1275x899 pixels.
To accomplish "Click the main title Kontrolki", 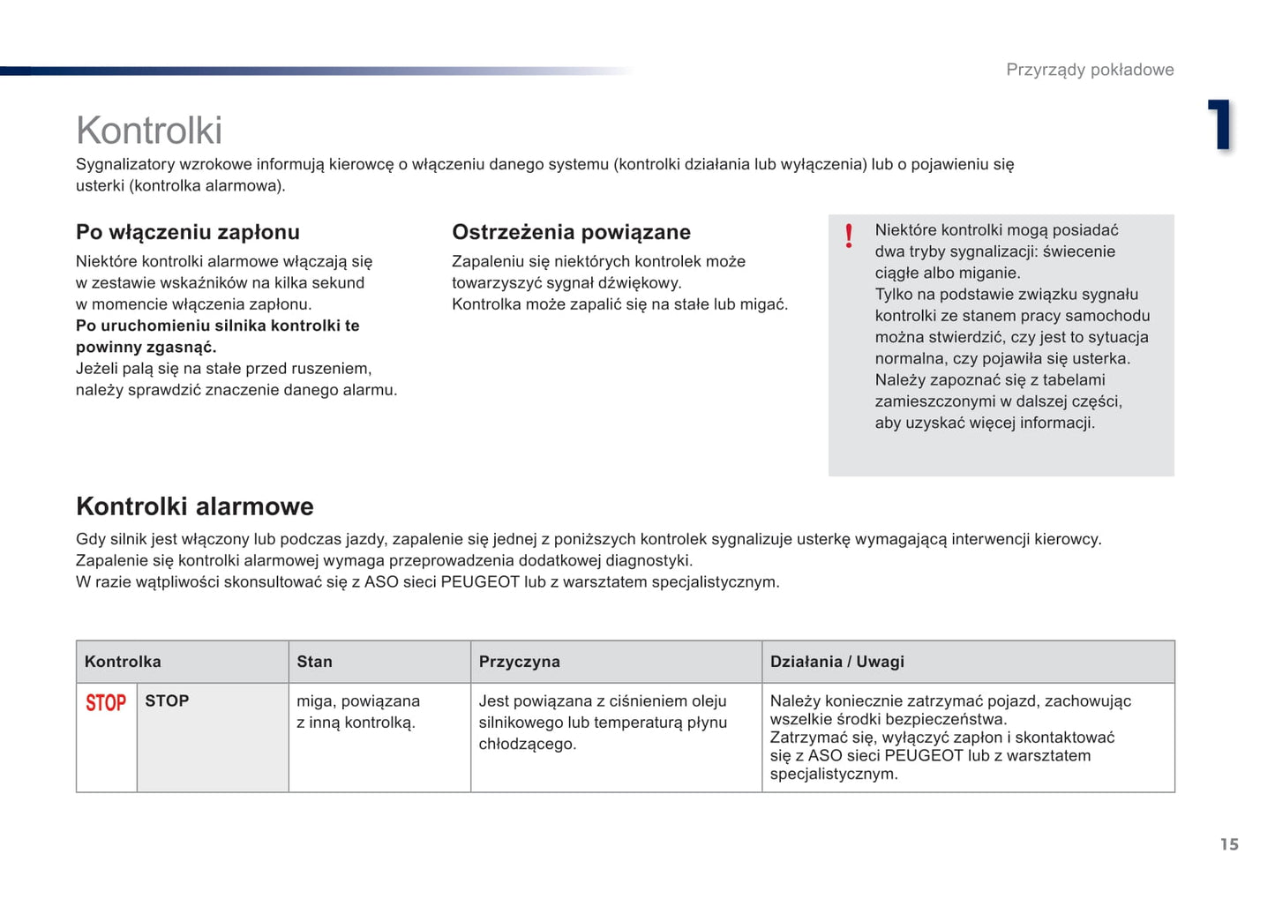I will click(149, 131).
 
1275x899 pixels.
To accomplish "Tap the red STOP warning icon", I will click(106, 703).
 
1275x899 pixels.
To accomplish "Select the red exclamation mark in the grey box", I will click(849, 236).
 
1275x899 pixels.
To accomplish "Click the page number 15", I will click(1229, 844).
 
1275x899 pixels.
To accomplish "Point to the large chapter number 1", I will click(1220, 124).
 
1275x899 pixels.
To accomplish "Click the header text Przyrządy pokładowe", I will click(1090, 70).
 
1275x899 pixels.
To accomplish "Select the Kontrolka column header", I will click(123, 662).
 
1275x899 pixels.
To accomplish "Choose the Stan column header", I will click(314, 662).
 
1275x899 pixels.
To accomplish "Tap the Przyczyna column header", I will click(519, 662).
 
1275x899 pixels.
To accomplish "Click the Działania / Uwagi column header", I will click(836, 662).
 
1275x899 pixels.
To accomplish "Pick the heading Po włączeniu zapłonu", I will click(188, 232).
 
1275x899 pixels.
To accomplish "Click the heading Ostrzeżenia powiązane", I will click(571, 232).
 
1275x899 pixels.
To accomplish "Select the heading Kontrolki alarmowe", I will click(195, 506).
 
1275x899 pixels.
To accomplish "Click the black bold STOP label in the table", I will click(167, 700).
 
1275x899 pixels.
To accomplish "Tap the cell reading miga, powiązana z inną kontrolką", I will click(357, 712).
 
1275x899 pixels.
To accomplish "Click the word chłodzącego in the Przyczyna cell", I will click(527, 744).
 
